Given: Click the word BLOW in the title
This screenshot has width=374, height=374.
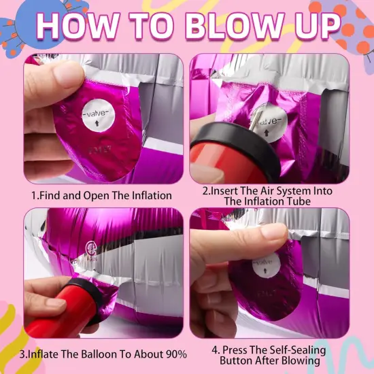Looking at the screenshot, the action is pyautogui.click(x=234, y=25).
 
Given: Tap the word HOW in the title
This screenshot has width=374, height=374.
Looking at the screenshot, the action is pyautogui.click(x=78, y=25).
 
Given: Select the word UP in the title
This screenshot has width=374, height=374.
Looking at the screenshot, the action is pyautogui.click(x=316, y=25).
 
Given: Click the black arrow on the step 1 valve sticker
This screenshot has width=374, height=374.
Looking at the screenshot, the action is pyautogui.click(x=97, y=123).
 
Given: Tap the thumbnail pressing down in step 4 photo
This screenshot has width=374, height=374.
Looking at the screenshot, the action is pyautogui.click(x=273, y=233).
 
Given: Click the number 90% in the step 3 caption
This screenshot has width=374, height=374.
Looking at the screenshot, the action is pyautogui.click(x=175, y=354).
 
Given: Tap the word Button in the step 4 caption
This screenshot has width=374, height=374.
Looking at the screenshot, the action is pyautogui.click(x=236, y=360).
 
